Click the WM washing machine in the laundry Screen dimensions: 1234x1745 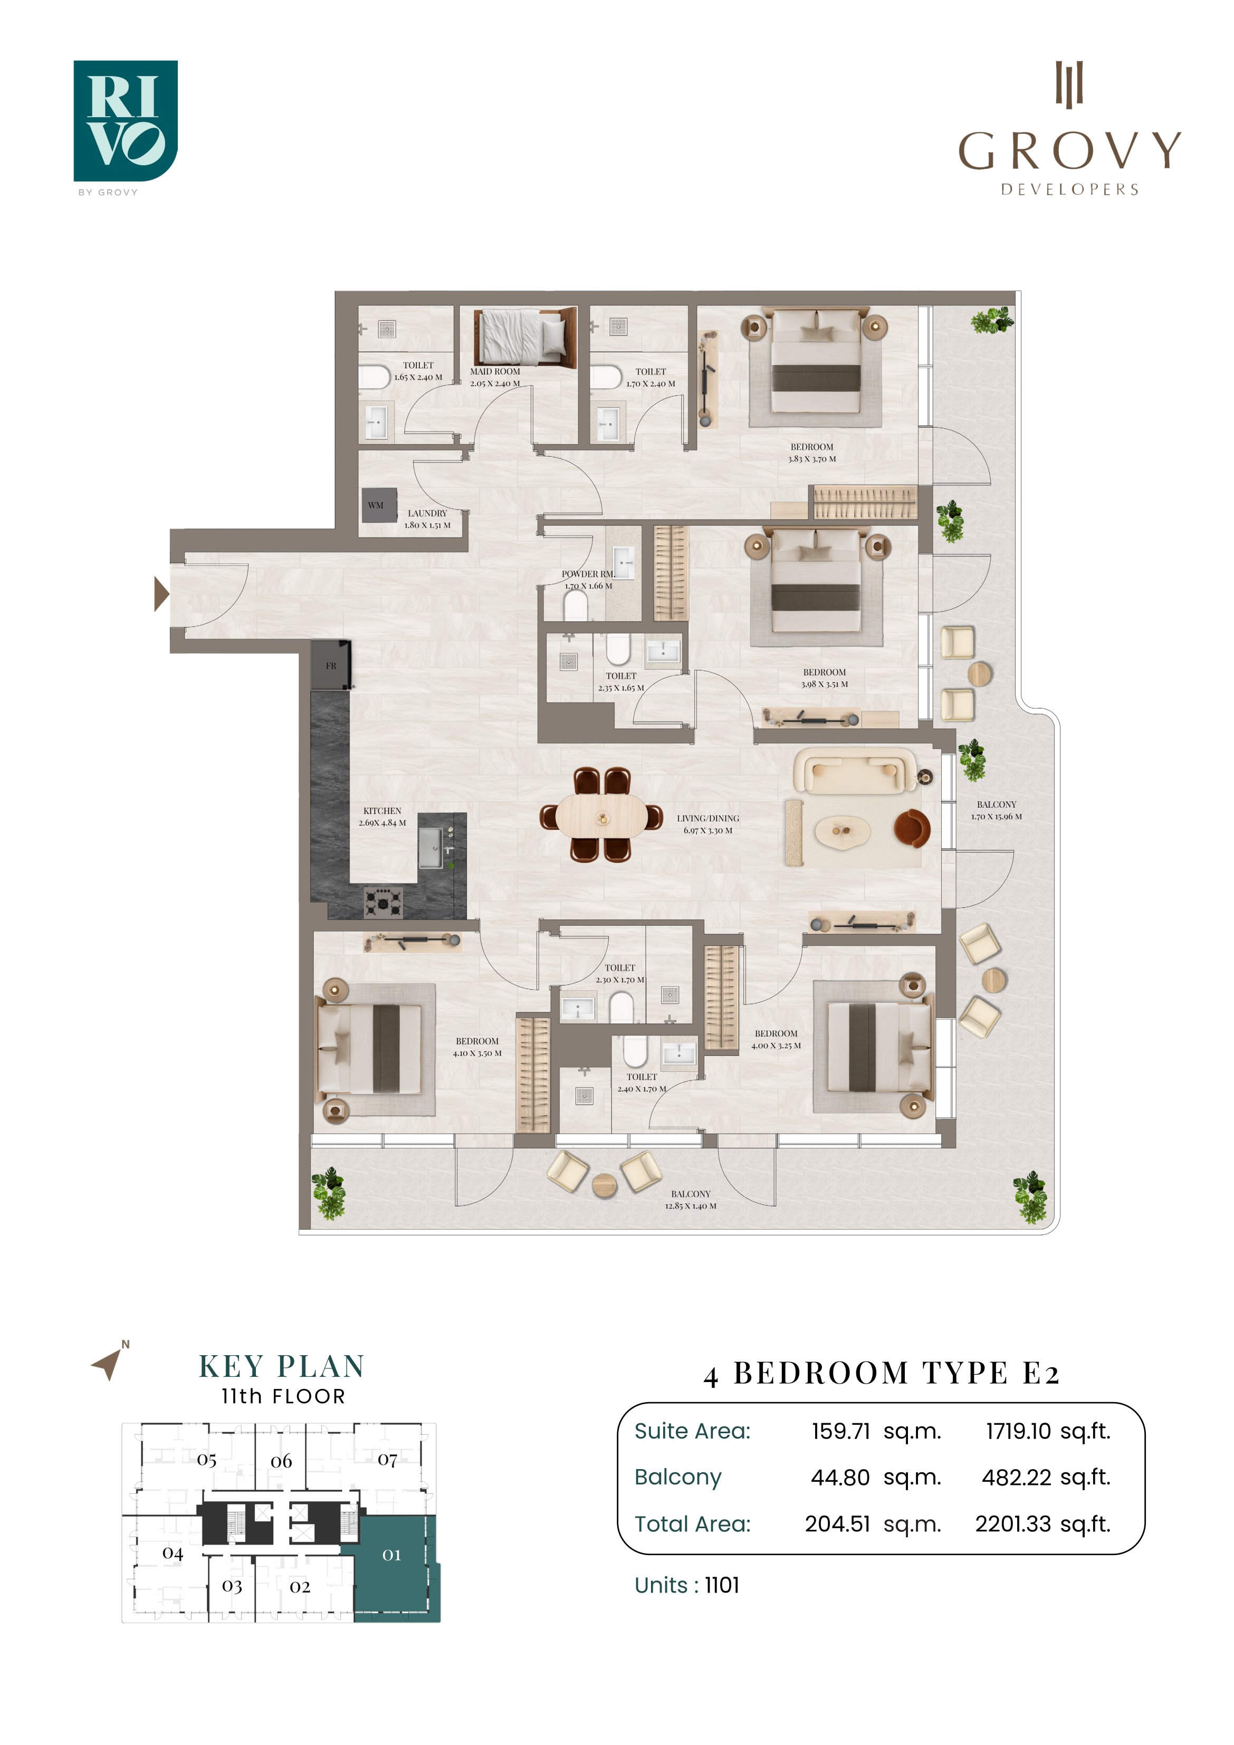pos(379,505)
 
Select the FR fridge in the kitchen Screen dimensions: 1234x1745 pos(331,665)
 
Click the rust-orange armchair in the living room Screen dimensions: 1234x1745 pos(912,828)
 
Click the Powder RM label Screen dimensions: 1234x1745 pos(588,574)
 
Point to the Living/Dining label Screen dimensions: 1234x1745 pos(708,819)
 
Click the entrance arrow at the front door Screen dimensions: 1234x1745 pos(161,595)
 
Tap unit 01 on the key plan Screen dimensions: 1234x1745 pos(391,1554)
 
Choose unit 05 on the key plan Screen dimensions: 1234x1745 pos(207,1460)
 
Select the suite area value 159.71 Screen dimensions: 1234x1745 pos(840,1431)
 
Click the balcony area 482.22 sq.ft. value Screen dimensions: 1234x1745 pos(1046,1478)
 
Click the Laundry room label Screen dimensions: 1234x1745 pos(427,513)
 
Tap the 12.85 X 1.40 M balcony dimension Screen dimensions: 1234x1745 pos(691,1205)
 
